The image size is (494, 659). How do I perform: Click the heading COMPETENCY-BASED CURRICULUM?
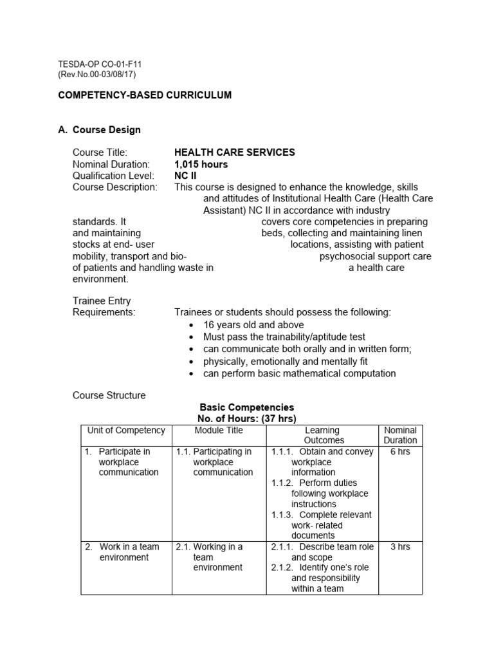(145, 95)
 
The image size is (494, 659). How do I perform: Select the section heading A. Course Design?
(99, 129)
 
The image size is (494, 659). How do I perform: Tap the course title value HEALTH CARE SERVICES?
(235, 153)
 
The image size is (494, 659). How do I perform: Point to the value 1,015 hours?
(201, 164)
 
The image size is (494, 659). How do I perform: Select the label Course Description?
(114, 187)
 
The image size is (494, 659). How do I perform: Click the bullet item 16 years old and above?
(253, 325)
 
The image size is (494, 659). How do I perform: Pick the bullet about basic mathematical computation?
(299, 373)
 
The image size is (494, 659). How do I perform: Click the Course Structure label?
(109, 395)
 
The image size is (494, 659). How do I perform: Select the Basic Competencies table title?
(247, 407)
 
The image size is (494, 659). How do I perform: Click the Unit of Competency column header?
(126, 431)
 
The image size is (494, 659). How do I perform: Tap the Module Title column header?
(219, 431)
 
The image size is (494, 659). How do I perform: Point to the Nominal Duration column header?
(400, 435)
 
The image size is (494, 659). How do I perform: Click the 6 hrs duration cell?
(400, 452)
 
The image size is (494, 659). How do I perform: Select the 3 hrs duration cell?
(400, 547)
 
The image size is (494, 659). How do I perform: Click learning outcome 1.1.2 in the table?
(322, 493)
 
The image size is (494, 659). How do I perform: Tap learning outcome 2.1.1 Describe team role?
(322, 552)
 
